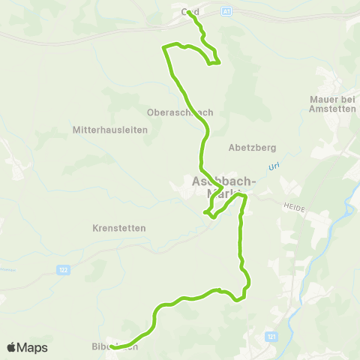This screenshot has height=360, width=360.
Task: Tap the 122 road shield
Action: coord(65,268)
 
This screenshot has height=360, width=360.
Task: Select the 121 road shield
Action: coord(271,338)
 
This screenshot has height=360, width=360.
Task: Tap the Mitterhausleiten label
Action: coord(109,129)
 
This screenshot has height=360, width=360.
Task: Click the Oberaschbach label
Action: coord(180,112)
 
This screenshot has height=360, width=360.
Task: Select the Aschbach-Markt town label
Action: coord(223,187)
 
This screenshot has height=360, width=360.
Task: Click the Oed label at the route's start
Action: coord(188,12)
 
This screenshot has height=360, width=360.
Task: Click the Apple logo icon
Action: coord(11,347)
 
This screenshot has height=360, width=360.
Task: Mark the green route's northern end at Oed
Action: coord(188,13)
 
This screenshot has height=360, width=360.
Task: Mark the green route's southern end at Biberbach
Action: coord(112,346)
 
